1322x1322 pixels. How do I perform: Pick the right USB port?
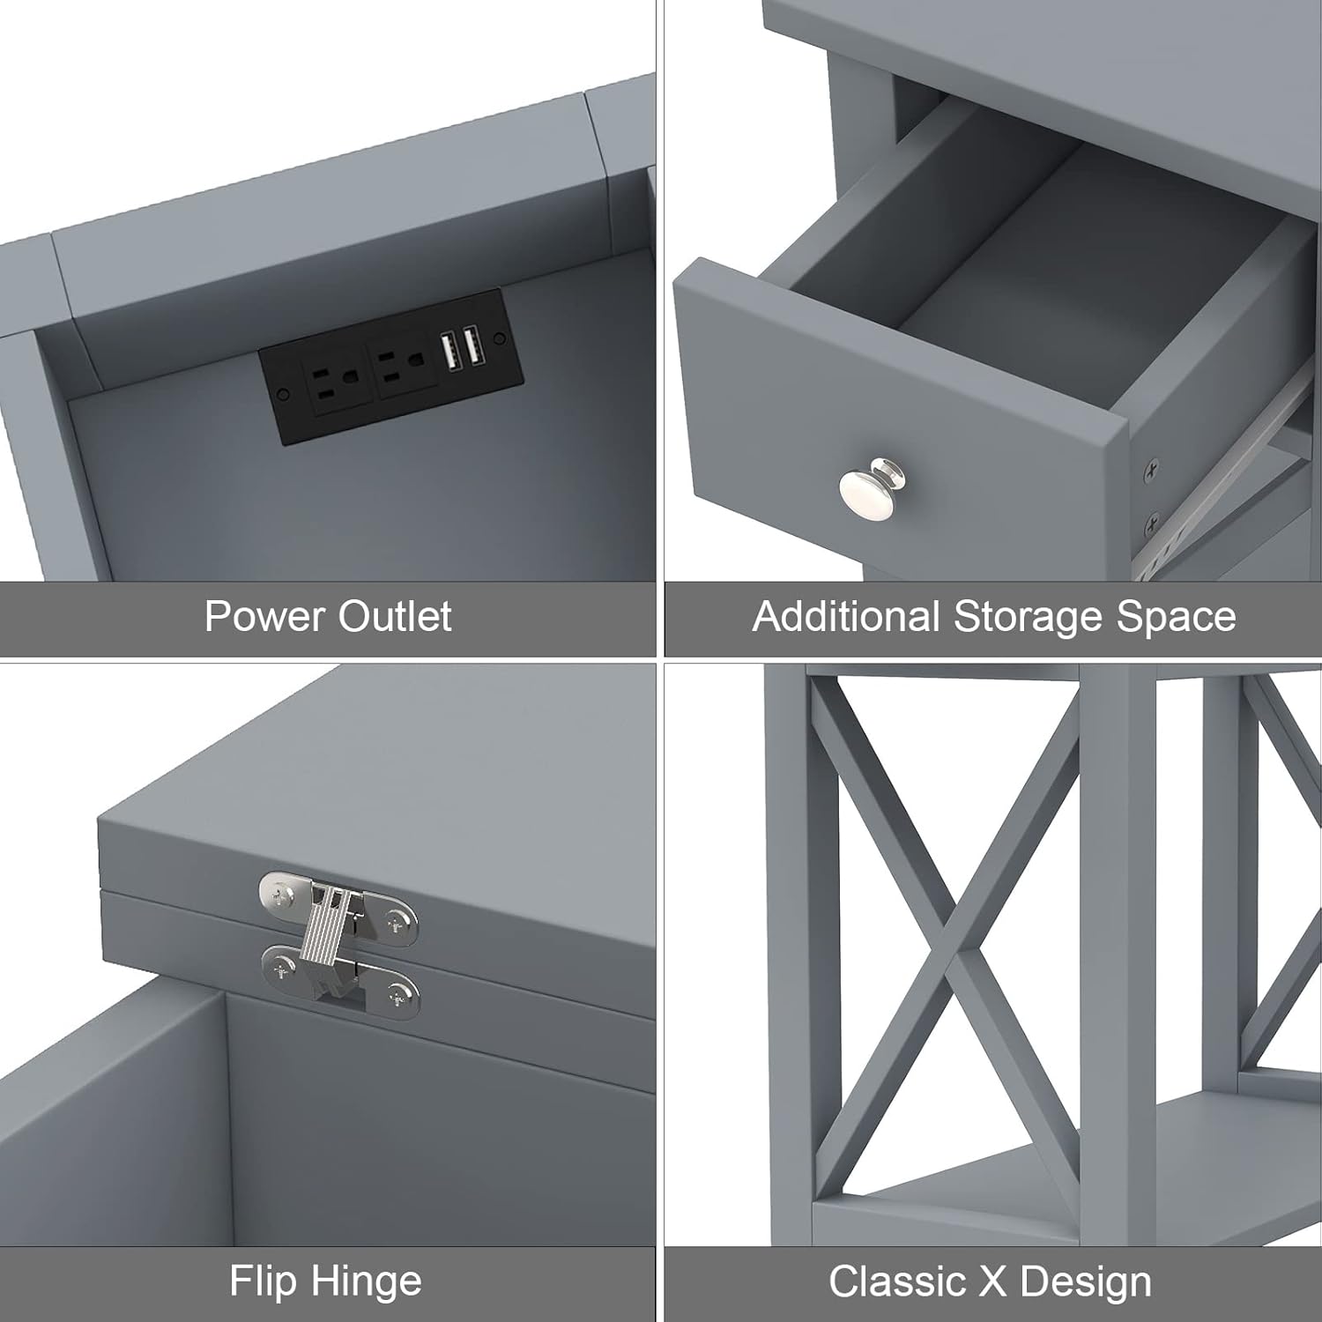(x=472, y=345)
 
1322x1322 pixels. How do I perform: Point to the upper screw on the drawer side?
(x=1149, y=473)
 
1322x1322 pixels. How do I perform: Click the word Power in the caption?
(x=265, y=616)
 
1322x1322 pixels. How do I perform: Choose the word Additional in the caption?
(x=846, y=616)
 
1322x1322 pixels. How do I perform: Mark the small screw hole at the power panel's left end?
(x=282, y=394)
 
